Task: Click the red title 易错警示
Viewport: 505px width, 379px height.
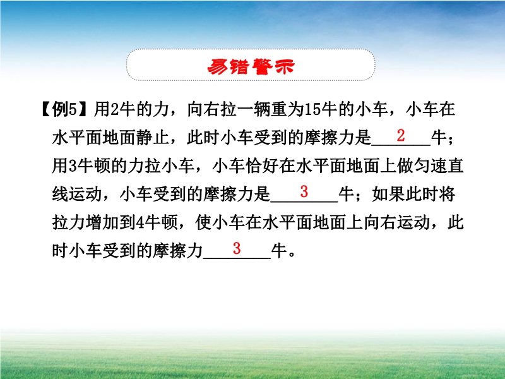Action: pyautogui.click(x=251, y=66)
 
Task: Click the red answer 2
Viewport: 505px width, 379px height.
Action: pyautogui.click(x=401, y=135)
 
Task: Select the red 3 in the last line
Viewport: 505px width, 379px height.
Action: pyautogui.click(x=237, y=248)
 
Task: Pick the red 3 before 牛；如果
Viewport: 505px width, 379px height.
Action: pyautogui.click(x=304, y=192)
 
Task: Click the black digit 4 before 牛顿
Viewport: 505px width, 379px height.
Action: pyautogui.click(x=140, y=222)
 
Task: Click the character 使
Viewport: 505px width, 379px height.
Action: pyautogui.click(x=203, y=222)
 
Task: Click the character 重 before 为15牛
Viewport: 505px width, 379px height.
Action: pyautogui.click(x=278, y=109)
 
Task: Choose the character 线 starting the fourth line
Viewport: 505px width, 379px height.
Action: pyautogui.click(x=61, y=194)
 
